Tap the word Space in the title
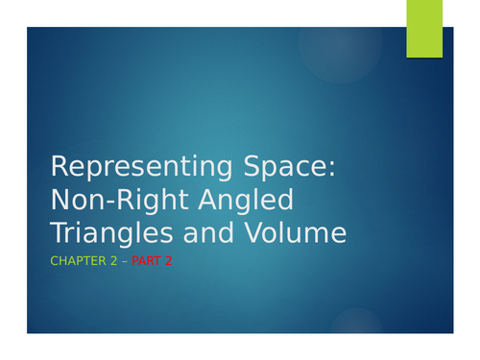[283, 167]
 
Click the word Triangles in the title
[108, 233]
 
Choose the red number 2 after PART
[168, 260]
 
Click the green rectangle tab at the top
[424, 28]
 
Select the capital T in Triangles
[58, 233]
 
